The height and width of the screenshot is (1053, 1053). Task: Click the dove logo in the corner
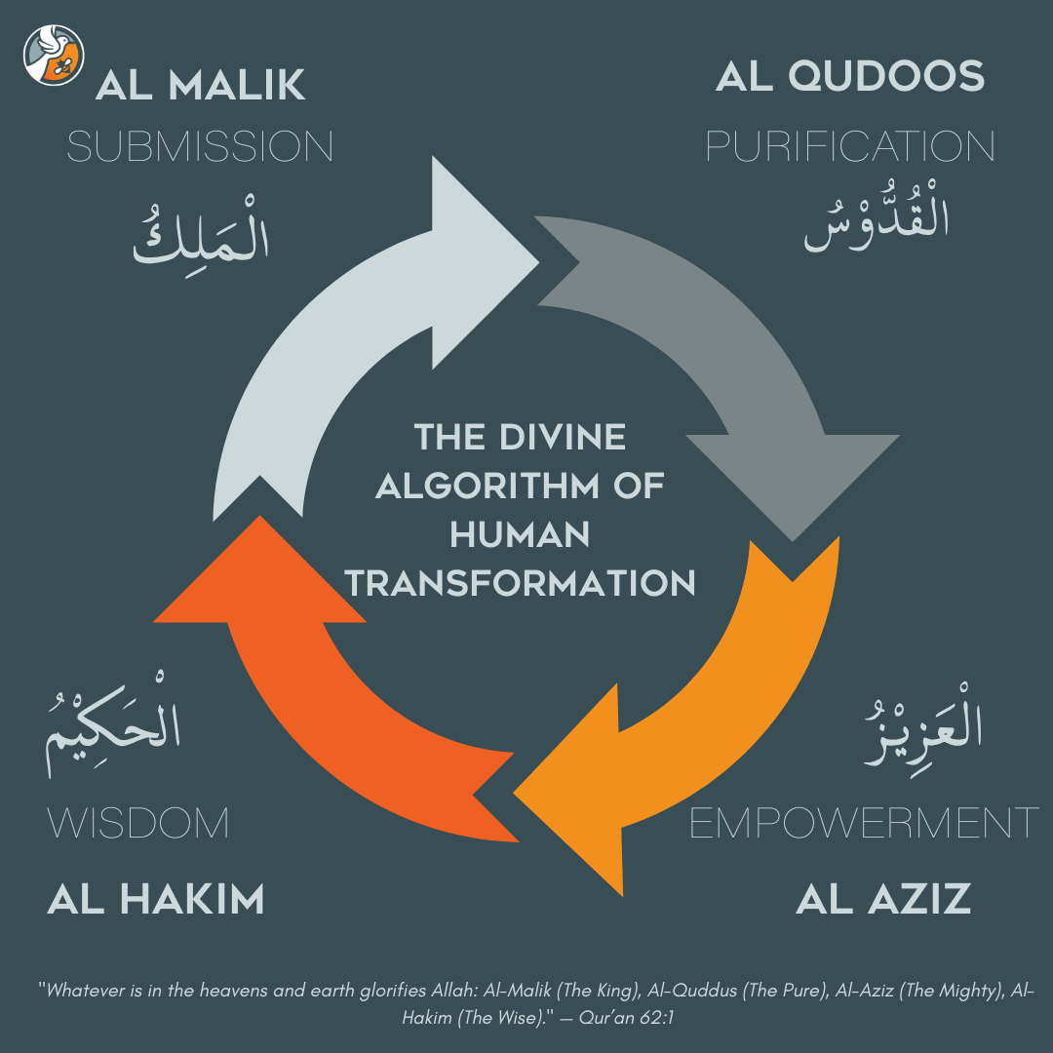[54, 55]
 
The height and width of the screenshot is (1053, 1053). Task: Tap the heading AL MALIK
[201, 86]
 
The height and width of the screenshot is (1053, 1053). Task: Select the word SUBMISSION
[200, 147]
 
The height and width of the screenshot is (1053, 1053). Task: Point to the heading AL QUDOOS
[850, 76]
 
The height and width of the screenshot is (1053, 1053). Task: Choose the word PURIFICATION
[850, 147]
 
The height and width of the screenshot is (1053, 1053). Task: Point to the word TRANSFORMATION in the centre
[521, 583]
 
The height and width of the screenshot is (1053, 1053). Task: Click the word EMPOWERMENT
[864, 824]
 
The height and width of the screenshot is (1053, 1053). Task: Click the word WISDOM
[138, 824]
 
